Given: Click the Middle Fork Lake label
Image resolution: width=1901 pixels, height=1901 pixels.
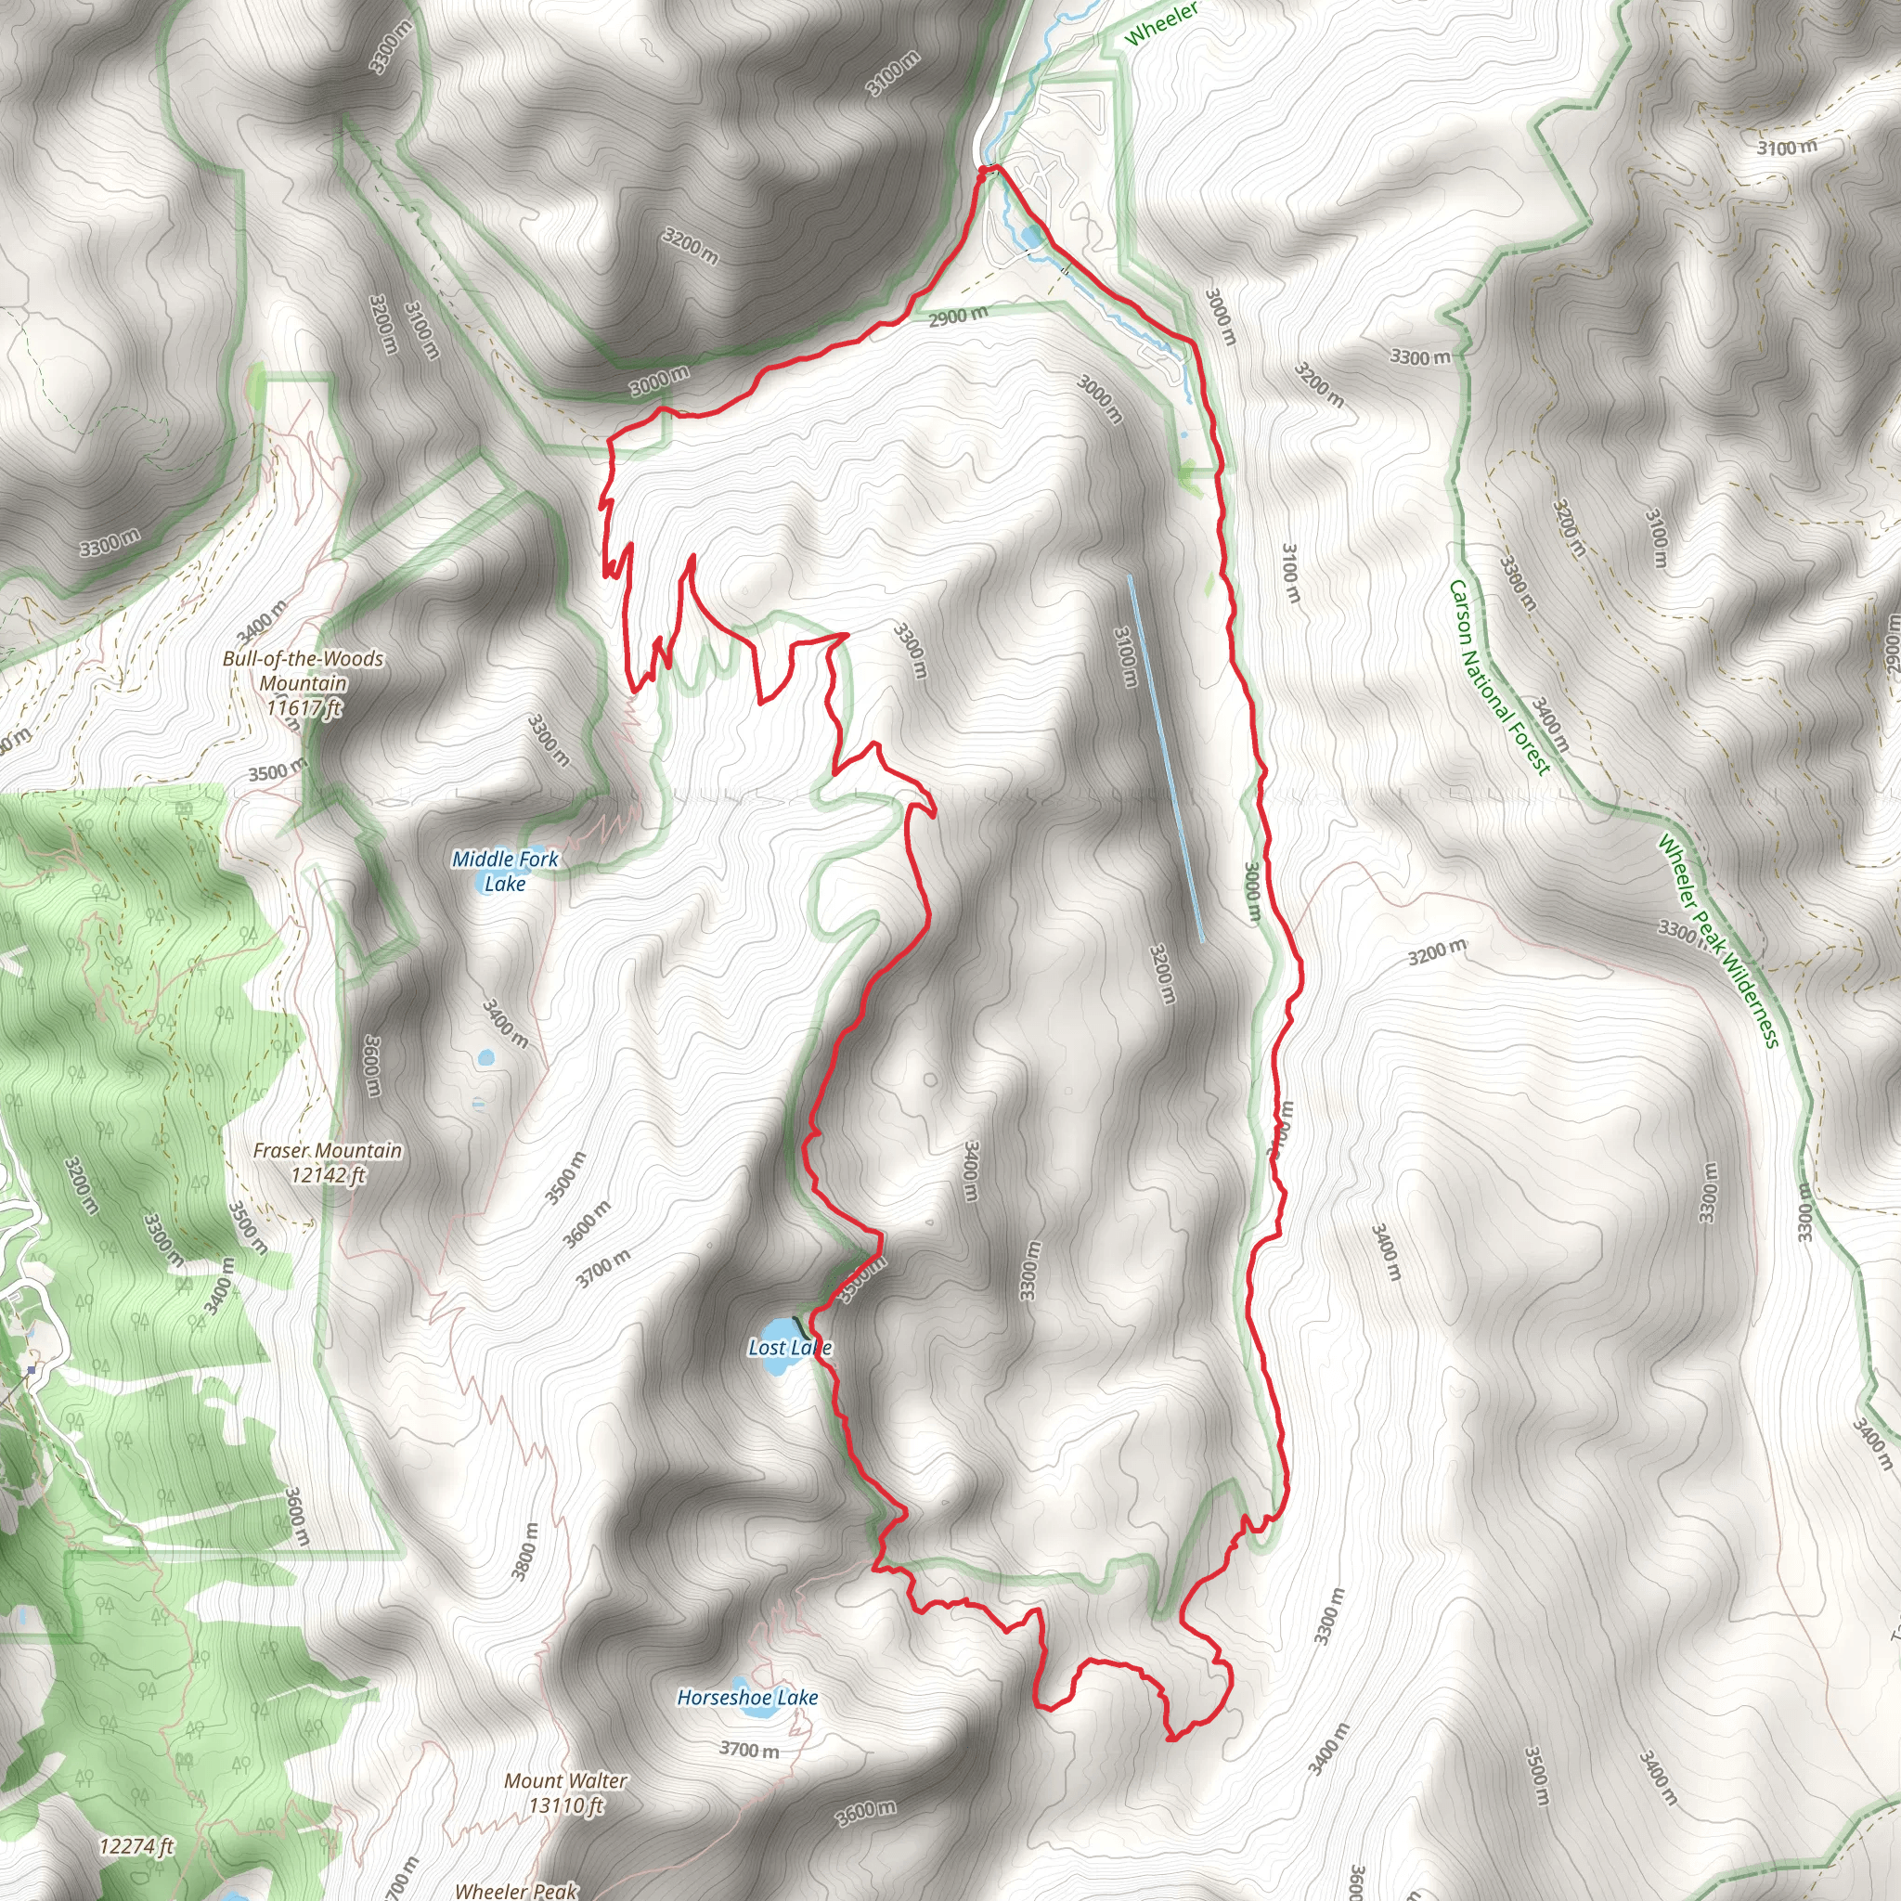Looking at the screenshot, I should pos(505,871).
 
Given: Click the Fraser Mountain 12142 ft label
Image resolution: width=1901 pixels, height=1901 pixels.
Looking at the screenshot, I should pos(328,1162).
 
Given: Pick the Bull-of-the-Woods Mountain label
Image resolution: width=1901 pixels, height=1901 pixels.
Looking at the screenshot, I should pos(303,683).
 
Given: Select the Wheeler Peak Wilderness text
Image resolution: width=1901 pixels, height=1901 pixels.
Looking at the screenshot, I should pos(1718,940).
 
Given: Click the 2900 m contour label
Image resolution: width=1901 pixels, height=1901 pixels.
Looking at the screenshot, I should pos(957,316).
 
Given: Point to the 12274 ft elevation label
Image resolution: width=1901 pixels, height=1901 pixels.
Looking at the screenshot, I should pos(136,1847).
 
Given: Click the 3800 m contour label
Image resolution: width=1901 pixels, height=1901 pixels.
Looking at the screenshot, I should pos(525,1551).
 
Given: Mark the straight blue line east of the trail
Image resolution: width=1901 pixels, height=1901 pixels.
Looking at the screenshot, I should pos(1165,757).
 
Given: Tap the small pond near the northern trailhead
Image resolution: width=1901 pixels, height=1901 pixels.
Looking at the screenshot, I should pos(1030,236).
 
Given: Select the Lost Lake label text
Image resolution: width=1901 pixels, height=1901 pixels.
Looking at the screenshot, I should pos(789,1347).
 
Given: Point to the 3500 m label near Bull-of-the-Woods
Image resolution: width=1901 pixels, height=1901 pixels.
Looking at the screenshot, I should pos(278,771).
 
